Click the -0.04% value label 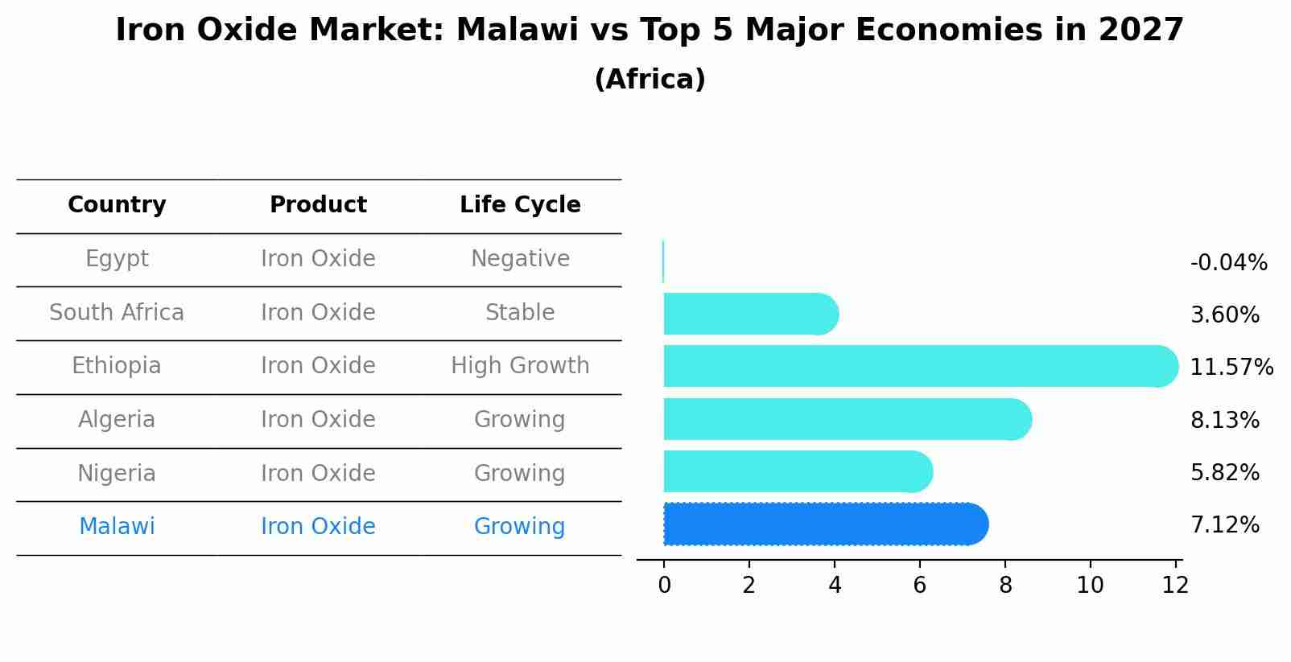pyautogui.click(x=1228, y=263)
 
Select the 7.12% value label pyautogui.click(x=1224, y=525)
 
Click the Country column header pyautogui.click(x=117, y=205)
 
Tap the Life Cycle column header pyautogui.click(x=520, y=205)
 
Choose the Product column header pyautogui.click(x=318, y=205)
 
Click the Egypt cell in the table pyautogui.click(x=117, y=259)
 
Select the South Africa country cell pyautogui.click(x=117, y=312)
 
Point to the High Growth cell pyautogui.click(x=520, y=366)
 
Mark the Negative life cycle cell pyautogui.click(x=520, y=259)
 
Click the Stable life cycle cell pyautogui.click(x=520, y=312)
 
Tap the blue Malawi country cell pyautogui.click(x=117, y=527)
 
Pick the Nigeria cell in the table pyautogui.click(x=117, y=473)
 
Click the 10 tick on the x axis pyautogui.click(x=1090, y=586)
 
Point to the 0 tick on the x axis pyautogui.click(x=664, y=586)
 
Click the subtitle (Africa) pyautogui.click(x=650, y=80)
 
